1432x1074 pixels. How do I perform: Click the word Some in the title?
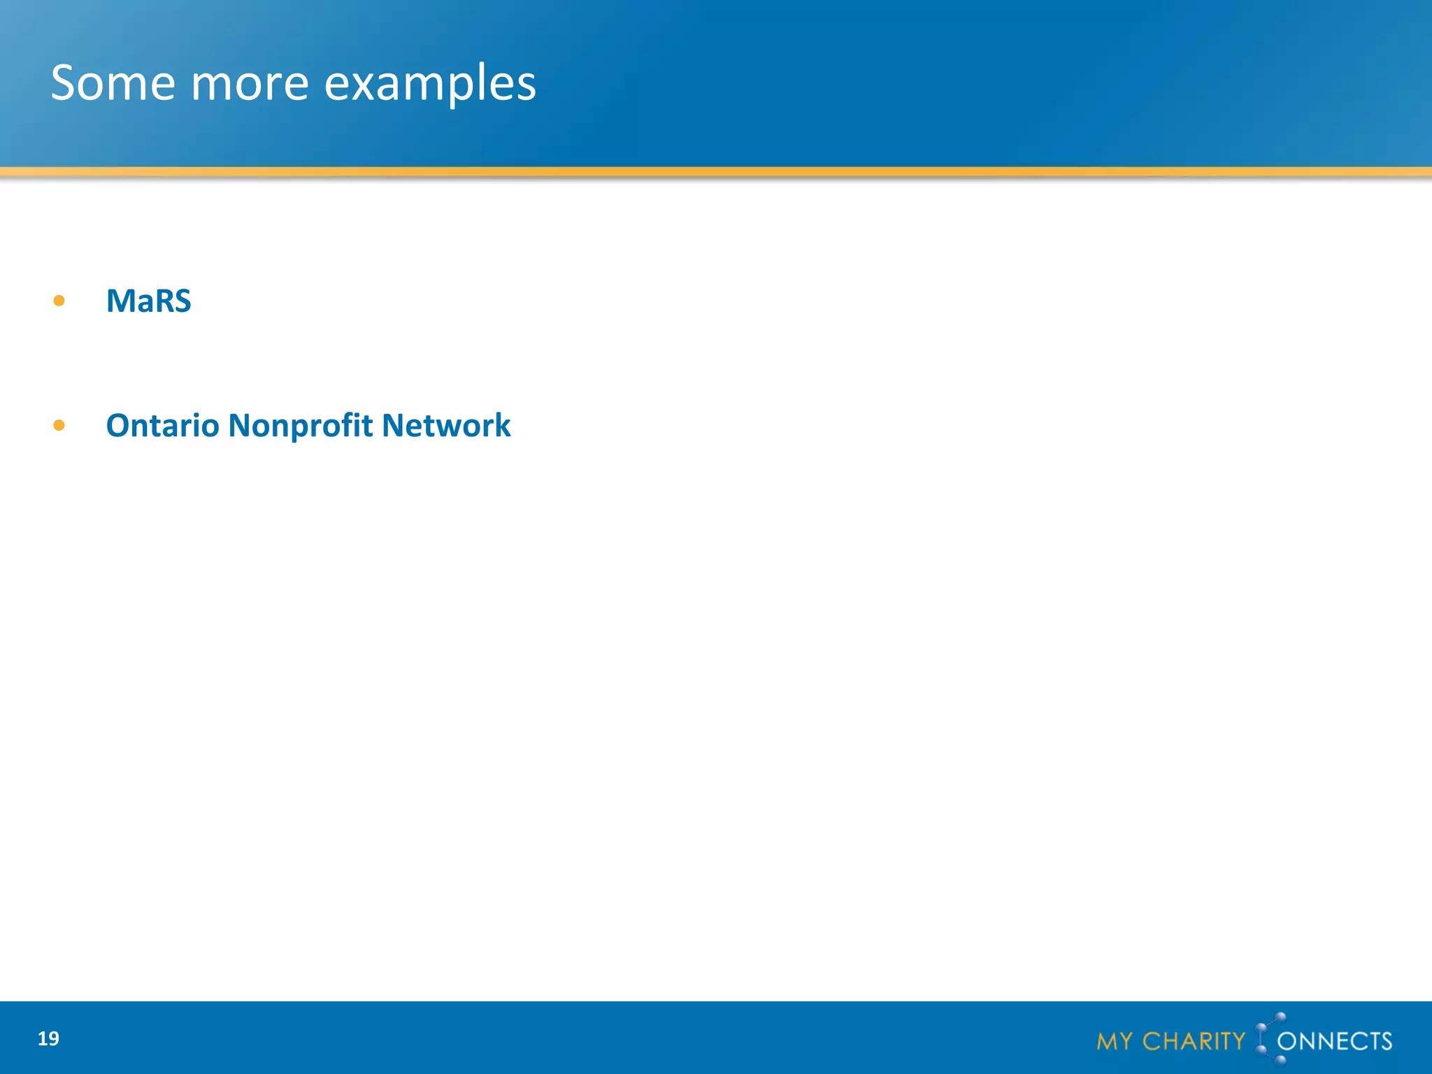tap(113, 83)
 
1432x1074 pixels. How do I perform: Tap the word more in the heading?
tap(250, 83)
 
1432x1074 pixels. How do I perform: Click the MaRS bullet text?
tap(148, 301)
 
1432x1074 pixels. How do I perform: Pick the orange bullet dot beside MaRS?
tap(59, 301)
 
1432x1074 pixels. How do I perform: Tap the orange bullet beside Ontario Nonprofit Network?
tap(59, 425)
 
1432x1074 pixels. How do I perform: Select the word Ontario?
tap(162, 426)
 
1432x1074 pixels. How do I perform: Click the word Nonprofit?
tap(300, 426)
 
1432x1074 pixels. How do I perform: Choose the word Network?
tap(446, 426)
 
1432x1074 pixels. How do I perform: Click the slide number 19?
tap(48, 1039)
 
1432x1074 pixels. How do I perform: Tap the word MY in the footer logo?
tap(1115, 1042)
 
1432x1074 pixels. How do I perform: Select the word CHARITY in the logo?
tap(1194, 1042)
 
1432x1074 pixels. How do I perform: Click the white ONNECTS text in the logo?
tap(1334, 1042)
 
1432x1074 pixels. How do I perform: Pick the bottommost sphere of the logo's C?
tap(1280, 1061)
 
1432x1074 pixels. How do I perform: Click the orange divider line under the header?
tap(716, 171)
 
